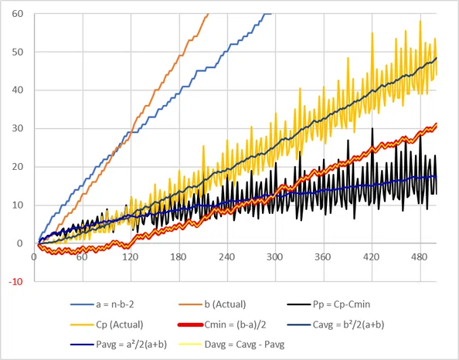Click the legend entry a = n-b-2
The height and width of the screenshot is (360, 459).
(x=102, y=304)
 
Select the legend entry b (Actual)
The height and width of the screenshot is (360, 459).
(x=212, y=304)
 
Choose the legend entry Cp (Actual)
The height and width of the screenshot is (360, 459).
(x=107, y=324)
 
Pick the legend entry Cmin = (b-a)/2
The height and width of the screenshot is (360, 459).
(x=223, y=324)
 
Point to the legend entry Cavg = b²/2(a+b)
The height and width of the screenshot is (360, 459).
(x=335, y=324)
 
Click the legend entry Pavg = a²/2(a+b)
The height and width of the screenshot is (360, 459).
(x=118, y=345)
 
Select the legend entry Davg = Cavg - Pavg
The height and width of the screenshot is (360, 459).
(x=232, y=345)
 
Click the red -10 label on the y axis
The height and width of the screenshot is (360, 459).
(x=15, y=282)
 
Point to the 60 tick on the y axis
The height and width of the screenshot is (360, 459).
(x=17, y=14)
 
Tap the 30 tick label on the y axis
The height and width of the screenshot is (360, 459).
(x=17, y=128)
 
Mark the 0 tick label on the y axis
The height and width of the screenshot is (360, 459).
(x=20, y=243)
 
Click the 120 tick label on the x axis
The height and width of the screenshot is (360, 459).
(x=131, y=257)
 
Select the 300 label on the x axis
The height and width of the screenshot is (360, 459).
(x=275, y=257)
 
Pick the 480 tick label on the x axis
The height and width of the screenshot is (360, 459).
(x=420, y=257)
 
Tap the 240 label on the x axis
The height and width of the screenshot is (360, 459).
(x=227, y=257)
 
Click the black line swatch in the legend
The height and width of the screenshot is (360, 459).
(x=298, y=304)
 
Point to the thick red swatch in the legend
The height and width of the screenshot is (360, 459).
(x=190, y=325)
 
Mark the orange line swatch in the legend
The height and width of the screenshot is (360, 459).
(x=190, y=304)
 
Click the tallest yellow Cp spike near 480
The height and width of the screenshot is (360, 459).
(x=420, y=21)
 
